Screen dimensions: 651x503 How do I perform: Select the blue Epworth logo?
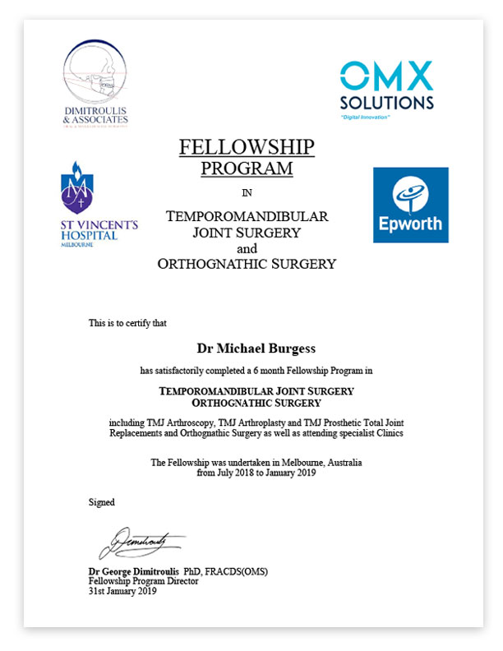pyautogui.click(x=410, y=205)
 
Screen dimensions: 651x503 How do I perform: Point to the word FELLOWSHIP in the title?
pyautogui.click(x=247, y=148)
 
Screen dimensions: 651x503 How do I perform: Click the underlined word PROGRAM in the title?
pyautogui.click(x=247, y=169)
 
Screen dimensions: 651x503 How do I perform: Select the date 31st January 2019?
pyautogui.click(x=122, y=590)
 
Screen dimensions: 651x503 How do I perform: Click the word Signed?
pyautogui.click(x=102, y=501)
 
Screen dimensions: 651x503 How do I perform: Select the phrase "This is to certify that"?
pyautogui.click(x=127, y=323)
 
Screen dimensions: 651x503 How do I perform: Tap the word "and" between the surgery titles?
pyautogui.click(x=247, y=248)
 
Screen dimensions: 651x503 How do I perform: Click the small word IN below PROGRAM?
pyautogui.click(x=247, y=194)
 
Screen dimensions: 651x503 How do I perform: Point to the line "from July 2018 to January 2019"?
pyautogui.click(x=256, y=473)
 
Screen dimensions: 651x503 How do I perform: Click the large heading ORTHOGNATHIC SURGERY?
pyautogui.click(x=247, y=264)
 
